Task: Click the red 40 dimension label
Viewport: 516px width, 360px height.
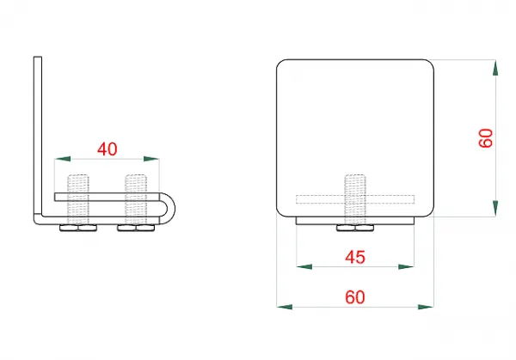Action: tap(107, 149)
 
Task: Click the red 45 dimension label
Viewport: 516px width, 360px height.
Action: tap(355, 257)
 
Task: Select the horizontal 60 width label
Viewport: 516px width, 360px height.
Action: tap(355, 297)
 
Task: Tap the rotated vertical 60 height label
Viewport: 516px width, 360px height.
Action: tap(486, 138)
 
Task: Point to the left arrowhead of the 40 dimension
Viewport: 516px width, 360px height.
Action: tap(63, 159)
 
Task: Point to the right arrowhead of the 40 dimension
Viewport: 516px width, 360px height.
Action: tap(151, 159)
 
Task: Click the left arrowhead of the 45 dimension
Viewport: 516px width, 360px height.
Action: tap(304, 266)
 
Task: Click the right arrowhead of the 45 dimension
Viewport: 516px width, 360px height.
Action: tap(406, 266)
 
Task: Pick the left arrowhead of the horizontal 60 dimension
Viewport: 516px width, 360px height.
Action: tap(285, 307)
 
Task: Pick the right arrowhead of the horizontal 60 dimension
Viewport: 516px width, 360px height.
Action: tap(426, 307)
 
